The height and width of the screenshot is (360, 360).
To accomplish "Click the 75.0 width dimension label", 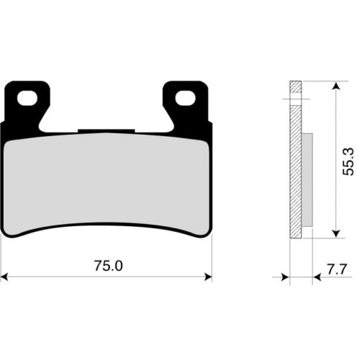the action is click(108, 266).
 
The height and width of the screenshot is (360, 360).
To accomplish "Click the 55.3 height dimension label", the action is click(348, 161).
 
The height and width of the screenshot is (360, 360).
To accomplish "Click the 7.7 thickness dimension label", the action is click(337, 269).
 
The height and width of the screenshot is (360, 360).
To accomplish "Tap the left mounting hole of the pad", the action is click(27, 98).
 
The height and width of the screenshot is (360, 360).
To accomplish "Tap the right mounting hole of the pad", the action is click(185, 98).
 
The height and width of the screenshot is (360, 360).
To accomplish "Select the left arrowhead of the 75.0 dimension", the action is click(4, 276).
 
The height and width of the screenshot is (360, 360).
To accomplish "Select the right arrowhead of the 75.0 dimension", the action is click(208, 276).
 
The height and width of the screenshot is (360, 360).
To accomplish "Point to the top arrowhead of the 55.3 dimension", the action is click(336, 86).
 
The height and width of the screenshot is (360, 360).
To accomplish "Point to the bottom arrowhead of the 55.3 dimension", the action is click(336, 233).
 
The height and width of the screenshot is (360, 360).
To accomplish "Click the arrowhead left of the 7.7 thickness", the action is click(286, 277).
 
